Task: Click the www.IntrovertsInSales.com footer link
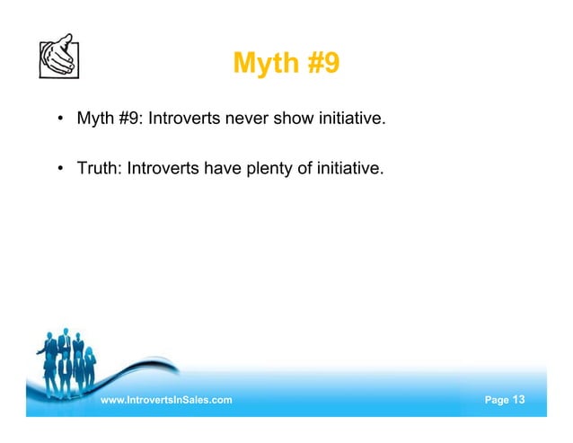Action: (166, 399)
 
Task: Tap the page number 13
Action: (519, 399)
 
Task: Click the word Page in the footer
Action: (496, 399)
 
